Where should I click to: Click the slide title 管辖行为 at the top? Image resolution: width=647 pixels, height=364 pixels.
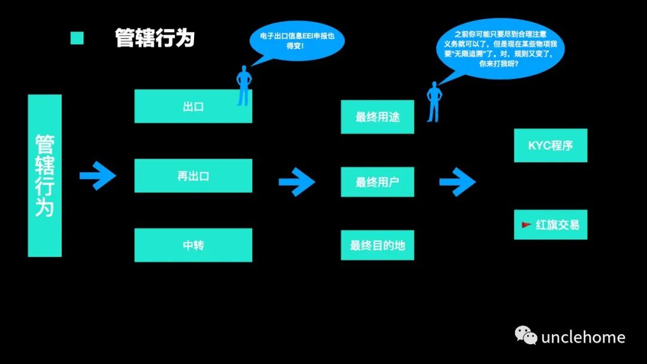[155, 38]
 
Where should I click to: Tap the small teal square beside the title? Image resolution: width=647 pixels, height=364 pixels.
[77, 38]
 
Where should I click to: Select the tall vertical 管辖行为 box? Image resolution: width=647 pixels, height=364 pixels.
[45, 175]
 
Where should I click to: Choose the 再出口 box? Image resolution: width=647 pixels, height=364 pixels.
[193, 176]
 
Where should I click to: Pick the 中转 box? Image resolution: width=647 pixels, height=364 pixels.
[193, 245]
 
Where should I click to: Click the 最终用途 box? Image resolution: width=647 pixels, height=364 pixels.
[377, 117]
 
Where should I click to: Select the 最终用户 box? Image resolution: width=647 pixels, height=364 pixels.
[377, 182]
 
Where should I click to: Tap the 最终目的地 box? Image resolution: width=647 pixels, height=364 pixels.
[377, 245]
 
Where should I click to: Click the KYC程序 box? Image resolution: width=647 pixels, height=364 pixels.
[551, 145]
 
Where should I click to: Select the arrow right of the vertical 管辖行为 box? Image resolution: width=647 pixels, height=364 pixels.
[98, 175]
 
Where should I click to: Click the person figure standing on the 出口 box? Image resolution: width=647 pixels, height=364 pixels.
[243, 86]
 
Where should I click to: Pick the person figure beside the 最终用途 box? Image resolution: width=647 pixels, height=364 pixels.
[434, 102]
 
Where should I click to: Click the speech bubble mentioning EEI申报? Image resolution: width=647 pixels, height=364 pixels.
[297, 41]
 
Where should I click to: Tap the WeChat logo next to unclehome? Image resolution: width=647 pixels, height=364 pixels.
[526, 336]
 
